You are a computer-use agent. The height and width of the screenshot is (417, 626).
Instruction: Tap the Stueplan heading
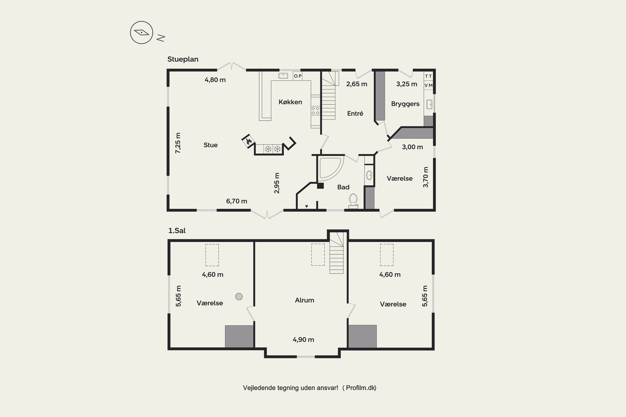click(x=183, y=59)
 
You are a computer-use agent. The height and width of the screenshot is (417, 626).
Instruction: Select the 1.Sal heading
click(x=177, y=230)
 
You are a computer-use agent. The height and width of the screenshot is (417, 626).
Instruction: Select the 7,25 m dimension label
click(x=178, y=143)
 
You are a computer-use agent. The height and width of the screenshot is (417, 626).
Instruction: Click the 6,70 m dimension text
click(x=237, y=201)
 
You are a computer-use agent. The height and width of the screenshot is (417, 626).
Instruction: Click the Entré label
click(x=355, y=114)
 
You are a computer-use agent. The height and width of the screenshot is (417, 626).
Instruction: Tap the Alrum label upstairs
click(x=304, y=300)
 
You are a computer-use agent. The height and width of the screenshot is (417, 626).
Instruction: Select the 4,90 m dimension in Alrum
click(x=303, y=340)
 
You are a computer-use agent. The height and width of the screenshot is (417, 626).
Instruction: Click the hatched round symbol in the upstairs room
click(x=239, y=296)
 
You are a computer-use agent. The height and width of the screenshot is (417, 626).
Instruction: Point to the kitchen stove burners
click(x=315, y=111)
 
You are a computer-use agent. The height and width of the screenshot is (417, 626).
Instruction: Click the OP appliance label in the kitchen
click(x=298, y=76)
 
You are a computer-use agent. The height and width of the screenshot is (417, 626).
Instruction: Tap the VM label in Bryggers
click(x=428, y=85)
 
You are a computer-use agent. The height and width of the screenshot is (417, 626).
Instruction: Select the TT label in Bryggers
click(x=428, y=76)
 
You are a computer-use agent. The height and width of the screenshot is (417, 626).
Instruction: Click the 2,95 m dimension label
click(x=277, y=183)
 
